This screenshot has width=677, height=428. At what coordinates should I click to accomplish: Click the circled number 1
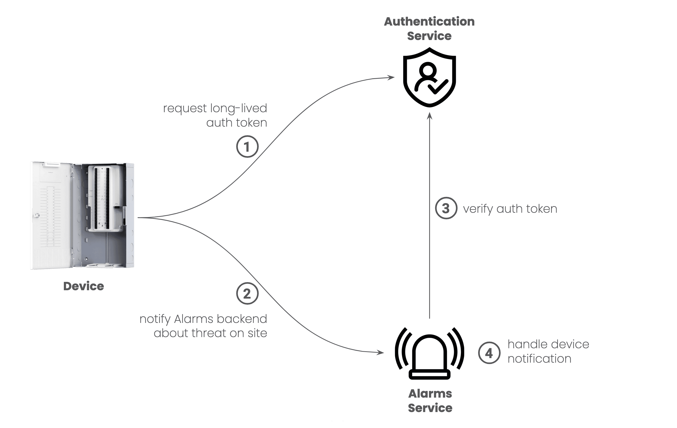(247, 146)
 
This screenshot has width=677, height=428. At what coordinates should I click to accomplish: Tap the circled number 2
(247, 293)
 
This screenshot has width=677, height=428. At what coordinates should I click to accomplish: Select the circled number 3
(446, 208)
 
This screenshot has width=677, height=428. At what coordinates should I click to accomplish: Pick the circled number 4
(489, 353)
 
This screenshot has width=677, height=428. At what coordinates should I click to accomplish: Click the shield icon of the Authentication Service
(429, 77)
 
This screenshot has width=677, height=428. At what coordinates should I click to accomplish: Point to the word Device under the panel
(84, 286)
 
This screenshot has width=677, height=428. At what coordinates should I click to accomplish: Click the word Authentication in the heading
(429, 21)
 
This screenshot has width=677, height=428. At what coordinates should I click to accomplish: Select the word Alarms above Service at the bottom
(430, 394)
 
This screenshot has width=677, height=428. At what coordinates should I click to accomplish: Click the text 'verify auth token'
(510, 209)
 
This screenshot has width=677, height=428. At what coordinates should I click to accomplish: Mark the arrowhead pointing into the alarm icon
(381, 352)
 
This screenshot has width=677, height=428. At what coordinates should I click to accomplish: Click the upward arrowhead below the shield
(429, 116)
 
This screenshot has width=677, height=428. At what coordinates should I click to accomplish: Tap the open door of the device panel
(51, 215)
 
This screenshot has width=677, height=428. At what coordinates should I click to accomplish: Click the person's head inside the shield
(428, 70)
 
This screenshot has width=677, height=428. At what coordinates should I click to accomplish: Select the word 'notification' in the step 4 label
(539, 359)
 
